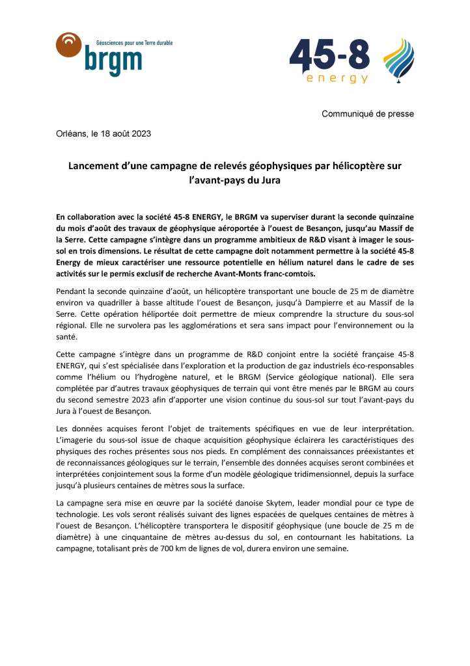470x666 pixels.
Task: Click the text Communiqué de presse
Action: click(x=368, y=114)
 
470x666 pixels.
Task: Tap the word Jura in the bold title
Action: click(x=269, y=180)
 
